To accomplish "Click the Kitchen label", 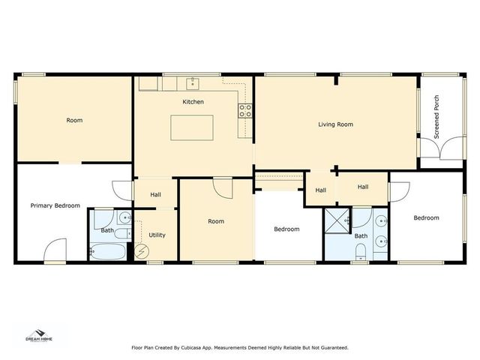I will [x=193, y=102].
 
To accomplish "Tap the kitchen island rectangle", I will [x=193, y=127].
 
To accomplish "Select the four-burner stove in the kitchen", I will [x=244, y=112].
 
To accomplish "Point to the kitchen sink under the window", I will [x=193, y=79].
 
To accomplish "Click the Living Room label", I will [x=335, y=124].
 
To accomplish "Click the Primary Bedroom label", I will [x=55, y=205].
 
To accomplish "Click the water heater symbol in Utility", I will [x=141, y=252].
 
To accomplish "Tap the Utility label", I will [x=157, y=235].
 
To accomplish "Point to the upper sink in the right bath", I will [x=381, y=221].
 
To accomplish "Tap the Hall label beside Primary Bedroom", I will [x=155, y=194].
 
